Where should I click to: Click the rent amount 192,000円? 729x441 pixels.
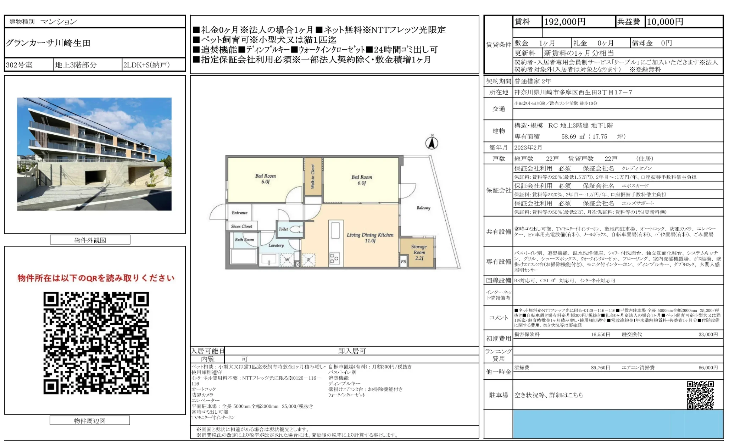tap(564, 22)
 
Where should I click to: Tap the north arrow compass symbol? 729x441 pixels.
tap(432, 143)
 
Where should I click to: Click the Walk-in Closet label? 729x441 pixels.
tap(313, 177)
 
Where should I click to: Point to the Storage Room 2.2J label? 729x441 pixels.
tap(419, 252)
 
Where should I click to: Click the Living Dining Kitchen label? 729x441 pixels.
tap(370, 238)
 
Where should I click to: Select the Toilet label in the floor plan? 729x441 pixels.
tap(283, 229)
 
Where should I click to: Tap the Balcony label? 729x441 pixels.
tap(423, 208)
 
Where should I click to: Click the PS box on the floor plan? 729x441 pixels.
tap(403, 262)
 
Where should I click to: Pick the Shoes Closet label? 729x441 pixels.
tap(241, 226)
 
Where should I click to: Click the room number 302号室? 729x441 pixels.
tap(19, 65)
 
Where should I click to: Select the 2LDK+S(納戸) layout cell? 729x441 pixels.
tap(146, 65)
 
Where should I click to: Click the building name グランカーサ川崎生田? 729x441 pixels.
tap(48, 43)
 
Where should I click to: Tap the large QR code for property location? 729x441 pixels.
tap(96, 343)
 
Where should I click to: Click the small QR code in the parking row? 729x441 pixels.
tap(700, 395)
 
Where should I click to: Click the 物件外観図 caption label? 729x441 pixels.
tap(90, 240)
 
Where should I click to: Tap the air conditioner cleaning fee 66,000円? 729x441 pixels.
tap(708, 368)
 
